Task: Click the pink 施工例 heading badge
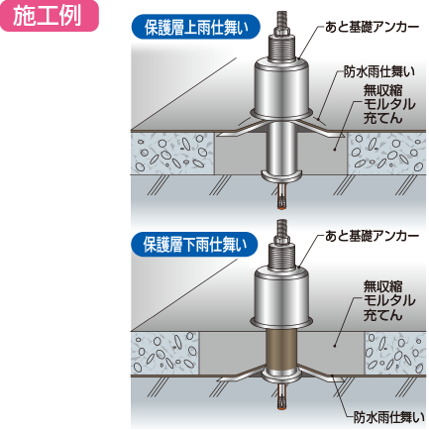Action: point(49,16)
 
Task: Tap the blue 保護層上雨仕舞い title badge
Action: point(196,27)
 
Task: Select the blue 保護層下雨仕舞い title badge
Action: point(194,245)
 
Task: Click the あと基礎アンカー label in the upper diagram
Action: point(372,28)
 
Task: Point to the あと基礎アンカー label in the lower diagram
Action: point(372,236)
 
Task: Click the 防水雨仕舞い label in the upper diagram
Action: point(378,71)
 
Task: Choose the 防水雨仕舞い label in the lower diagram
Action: point(388,417)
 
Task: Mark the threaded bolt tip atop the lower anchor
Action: point(281,228)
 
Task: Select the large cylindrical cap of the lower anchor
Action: point(281,295)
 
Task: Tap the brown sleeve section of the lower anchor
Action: point(281,351)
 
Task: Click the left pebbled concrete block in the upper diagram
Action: point(171,154)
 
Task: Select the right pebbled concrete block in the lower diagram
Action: point(394,353)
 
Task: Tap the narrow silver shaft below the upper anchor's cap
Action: point(281,147)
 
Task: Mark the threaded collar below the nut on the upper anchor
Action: point(281,49)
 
